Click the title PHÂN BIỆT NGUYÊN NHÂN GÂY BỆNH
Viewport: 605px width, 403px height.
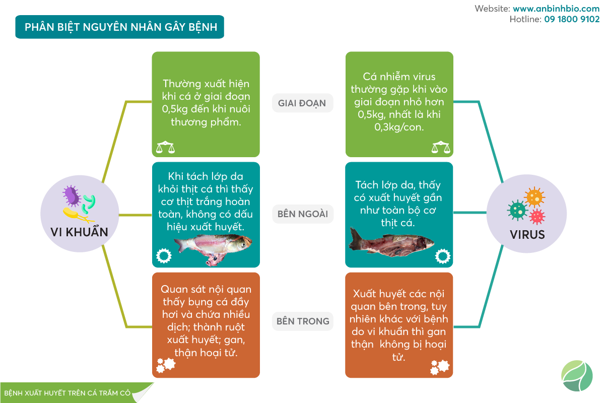click(121, 27)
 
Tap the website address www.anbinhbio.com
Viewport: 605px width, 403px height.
click(556, 9)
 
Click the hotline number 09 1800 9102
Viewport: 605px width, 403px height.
click(572, 20)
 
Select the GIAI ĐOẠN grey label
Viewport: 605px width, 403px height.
click(302, 103)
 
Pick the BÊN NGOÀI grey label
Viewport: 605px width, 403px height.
click(302, 214)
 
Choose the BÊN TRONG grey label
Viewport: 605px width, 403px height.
click(302, 321)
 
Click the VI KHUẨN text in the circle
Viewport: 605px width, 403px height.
click(80, 232)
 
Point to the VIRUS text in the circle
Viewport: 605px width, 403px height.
click(527, 235)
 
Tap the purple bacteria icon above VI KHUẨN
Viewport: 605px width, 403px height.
click(72, 195)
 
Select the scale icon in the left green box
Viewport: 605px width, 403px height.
click(165, 148)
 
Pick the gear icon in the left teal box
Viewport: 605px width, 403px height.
click(163, 256)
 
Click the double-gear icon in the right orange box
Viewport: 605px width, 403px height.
click(439, 367)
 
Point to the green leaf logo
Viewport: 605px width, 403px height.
click(577, 376)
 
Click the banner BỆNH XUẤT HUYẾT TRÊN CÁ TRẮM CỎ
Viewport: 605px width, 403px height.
click(68, 393)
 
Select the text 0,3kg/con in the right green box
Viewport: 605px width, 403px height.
click(399, 127)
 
